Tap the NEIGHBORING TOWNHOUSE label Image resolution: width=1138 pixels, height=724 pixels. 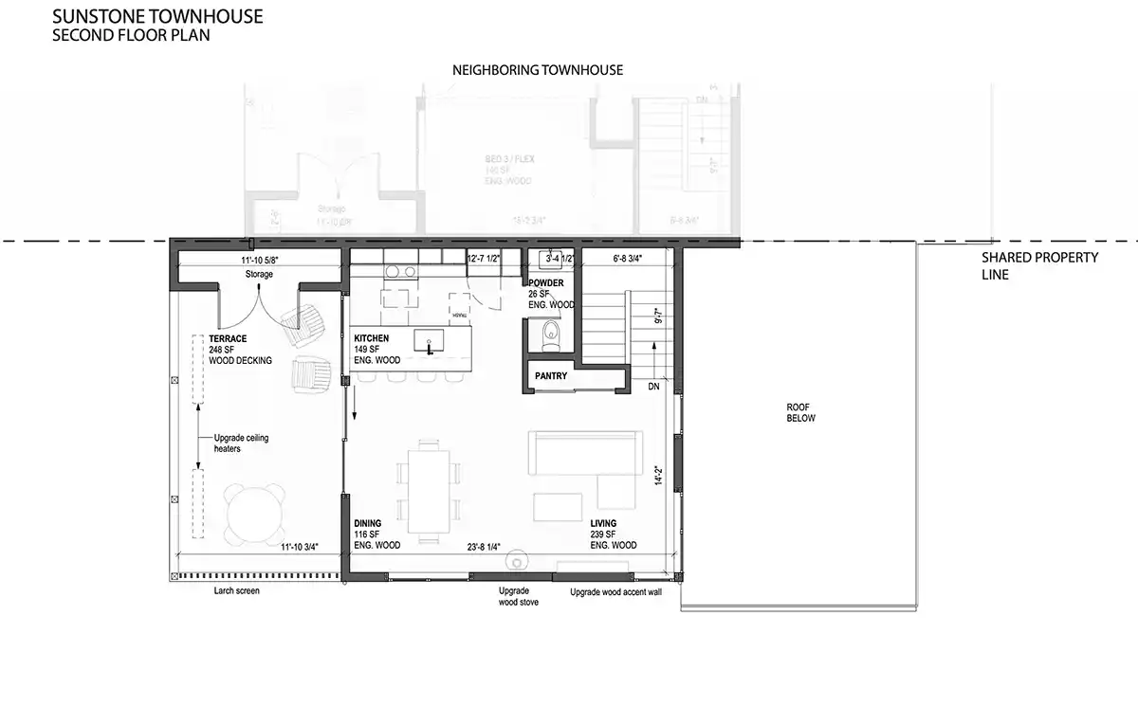(537, 71)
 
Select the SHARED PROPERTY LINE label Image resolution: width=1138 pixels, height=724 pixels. (1039, 266)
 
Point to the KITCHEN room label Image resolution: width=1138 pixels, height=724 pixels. (372, 338)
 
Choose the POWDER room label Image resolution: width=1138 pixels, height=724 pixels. (546, 282)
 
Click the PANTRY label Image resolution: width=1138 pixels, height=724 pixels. (551, 376)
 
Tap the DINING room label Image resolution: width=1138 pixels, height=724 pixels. (368, 523)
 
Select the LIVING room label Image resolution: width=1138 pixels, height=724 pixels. (603, 523)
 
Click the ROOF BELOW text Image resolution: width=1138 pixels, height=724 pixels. (799, 412)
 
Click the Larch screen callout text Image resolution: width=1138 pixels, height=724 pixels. (236, 590)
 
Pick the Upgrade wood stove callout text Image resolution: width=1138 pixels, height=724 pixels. (519, 595)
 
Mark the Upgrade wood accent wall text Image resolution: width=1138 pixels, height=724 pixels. (615, 592)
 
